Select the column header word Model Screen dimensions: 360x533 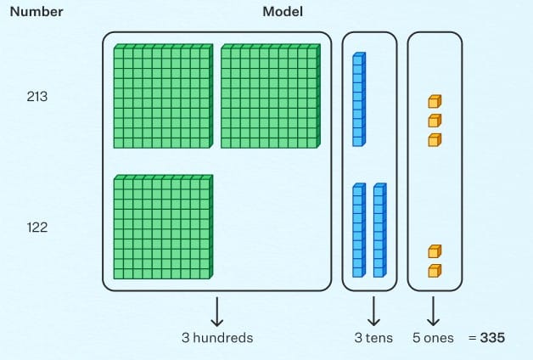tap(283, 12)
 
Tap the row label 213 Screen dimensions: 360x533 tap(36, 97)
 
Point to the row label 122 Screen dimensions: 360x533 tap(36, 228)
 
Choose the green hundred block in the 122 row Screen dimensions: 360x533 tap(162, 227)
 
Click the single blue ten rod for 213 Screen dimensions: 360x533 tap(358, 99)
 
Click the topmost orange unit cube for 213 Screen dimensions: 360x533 tap(435, 102)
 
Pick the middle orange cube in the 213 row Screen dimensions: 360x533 tap(435, 121)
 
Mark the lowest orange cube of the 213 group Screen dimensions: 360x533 tap(435, 139)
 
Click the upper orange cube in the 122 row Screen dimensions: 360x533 tap(435, 251)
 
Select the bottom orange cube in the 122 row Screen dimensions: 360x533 tap(435, 270)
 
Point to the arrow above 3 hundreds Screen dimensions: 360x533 tap(216, 312)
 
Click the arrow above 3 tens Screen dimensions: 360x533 tap(369, 312)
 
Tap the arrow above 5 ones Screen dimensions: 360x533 tap(434, 312)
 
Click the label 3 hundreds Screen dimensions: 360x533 tap(217, 338)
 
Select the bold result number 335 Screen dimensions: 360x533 tap(492, 338)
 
